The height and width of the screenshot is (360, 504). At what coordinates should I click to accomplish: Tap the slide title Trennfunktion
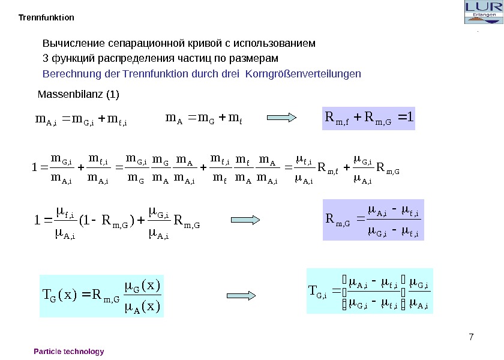47,17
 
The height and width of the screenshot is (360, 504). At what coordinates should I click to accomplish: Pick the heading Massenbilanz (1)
79,95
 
